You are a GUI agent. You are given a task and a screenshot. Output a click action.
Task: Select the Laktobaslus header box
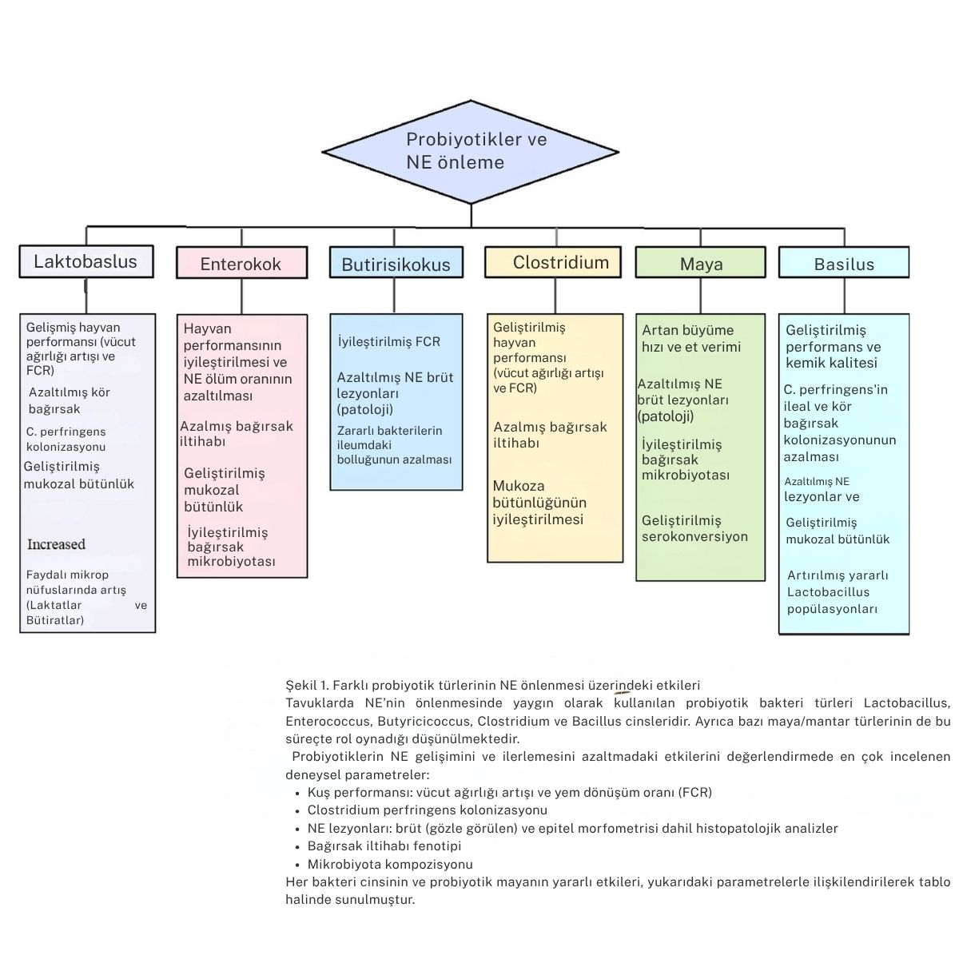coord(86,262)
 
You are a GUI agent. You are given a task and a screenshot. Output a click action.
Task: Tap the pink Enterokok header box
coord(241,264)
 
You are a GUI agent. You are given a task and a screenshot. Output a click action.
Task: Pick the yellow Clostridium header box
coord(553,263)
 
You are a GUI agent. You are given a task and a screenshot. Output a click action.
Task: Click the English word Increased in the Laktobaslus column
coord(56,544)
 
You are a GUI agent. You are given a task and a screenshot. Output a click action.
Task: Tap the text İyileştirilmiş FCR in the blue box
coord(388,342)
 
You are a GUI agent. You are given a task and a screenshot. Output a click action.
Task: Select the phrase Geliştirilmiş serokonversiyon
coord(694,528)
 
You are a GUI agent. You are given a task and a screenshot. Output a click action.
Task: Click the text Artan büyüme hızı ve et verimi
coord(691,338)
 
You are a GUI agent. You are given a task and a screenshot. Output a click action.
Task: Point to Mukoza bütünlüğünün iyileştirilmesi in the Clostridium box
coord(539,503)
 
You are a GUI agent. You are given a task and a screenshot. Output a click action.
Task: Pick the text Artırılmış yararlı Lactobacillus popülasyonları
coord(838,592)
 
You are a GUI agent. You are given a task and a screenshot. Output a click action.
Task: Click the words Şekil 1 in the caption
coord(307,685)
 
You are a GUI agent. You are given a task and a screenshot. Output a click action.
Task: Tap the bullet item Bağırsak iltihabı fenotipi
coord(384,846)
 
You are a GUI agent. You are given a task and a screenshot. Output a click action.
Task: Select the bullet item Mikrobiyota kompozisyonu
coord(390,864)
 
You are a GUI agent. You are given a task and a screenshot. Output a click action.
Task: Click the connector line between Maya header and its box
coord(701,296)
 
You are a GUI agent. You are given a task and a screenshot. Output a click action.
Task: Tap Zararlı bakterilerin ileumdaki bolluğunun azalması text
coord(394,445)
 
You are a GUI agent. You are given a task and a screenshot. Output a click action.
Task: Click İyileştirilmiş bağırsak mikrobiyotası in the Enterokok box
coord(232,547)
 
